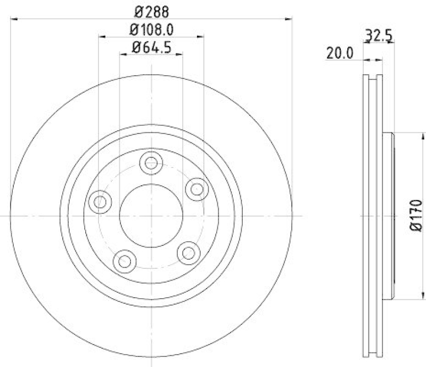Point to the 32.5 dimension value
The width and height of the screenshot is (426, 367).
tap(378, 36)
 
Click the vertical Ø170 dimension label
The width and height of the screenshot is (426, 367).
tap(416, 216)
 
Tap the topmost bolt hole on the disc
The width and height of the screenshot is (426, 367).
tap(151, 162)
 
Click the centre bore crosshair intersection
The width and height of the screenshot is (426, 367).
tap(151, 216)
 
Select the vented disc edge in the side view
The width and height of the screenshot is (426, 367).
tap(372, 216)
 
